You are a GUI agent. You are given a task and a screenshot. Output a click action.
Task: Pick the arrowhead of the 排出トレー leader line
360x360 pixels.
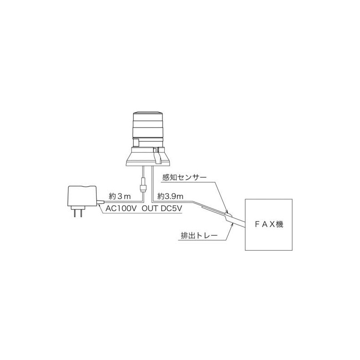[x=232, y=223]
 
